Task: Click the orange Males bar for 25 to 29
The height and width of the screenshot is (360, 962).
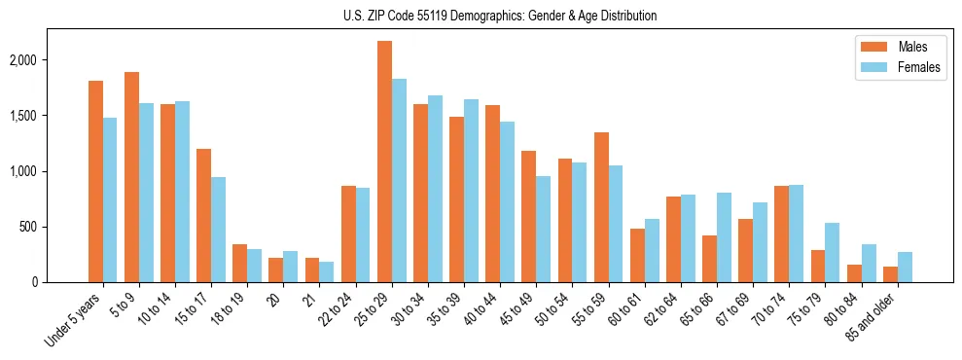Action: [384, 162]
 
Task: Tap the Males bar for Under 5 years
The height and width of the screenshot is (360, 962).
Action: [95, 181]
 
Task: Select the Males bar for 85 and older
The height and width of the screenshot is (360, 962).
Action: [890, 274]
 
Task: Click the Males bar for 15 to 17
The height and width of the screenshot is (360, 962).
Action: [203, 215]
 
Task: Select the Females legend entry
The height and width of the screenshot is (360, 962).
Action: [893, 67]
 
